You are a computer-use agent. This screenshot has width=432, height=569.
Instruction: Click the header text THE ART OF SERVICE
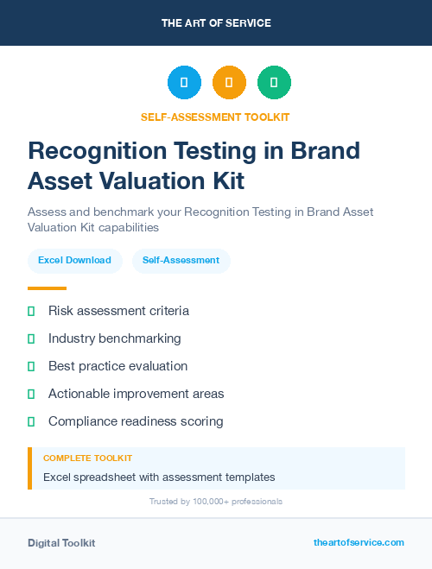[216, 23]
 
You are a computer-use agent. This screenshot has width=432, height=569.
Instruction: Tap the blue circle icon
[184, 83]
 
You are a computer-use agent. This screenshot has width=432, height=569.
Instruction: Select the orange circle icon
[229, 83]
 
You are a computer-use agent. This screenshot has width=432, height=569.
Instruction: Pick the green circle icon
[274, 83]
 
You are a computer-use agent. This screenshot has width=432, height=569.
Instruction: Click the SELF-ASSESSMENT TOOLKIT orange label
[216, 117]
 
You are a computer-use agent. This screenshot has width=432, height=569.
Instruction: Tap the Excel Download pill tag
[74, 260]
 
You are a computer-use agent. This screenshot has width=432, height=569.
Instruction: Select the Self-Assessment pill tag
[181, 260]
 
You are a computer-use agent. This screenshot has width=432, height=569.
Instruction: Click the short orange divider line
[47, 288]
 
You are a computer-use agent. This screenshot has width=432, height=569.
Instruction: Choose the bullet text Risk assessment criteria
[118, 311]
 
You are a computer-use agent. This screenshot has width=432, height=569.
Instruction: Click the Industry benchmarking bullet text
[115, 338]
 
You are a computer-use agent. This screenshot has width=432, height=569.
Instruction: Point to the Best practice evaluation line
[118, 366]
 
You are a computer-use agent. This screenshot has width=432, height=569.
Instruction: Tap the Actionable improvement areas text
[136, 394]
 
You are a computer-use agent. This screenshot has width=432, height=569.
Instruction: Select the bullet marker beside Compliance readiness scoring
[31, 421]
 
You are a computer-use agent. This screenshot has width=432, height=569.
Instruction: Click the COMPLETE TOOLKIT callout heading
[87, 458]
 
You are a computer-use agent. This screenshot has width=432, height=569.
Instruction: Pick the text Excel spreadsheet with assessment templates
[159, 477]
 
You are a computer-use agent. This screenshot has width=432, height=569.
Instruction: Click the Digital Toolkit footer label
[61, 542]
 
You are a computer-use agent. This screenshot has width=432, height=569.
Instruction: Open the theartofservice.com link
[359, 542]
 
